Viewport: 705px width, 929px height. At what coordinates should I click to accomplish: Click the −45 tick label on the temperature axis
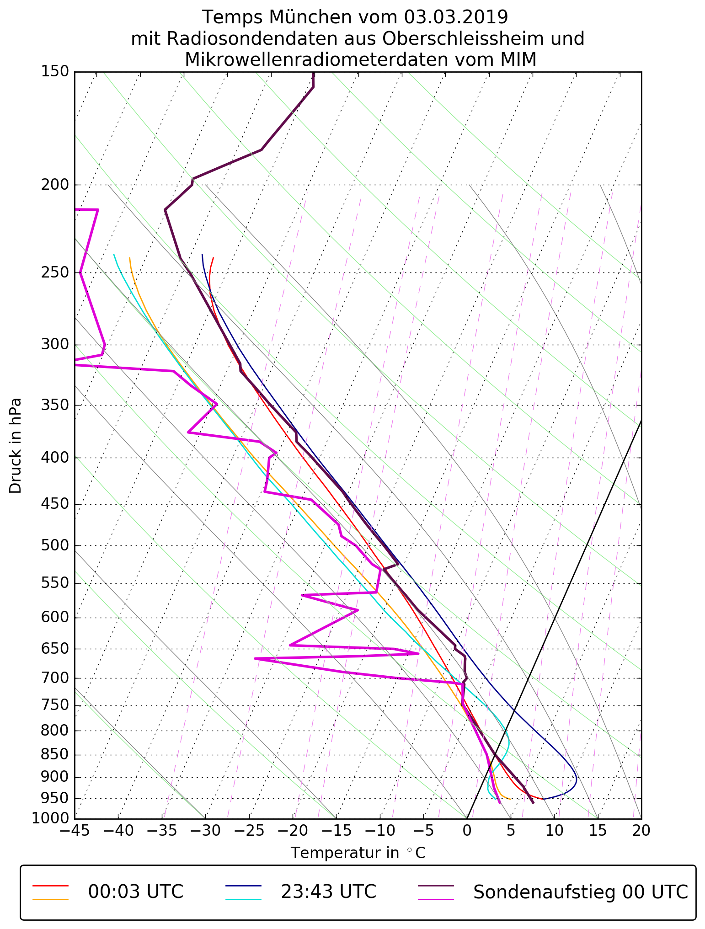[x=75, y=830]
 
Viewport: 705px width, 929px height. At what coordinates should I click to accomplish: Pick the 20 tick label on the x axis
[x=641, y=830]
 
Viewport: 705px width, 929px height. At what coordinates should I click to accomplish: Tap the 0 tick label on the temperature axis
[x=467, y=830]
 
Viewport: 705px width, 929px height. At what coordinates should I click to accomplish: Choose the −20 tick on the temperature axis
[x=293, y=830]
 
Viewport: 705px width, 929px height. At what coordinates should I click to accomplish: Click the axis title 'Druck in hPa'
[x=16, y=446]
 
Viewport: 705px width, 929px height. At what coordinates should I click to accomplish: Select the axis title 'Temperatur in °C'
[x=358, y=853]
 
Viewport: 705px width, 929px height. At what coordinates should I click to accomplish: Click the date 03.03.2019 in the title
[x=455, y=17]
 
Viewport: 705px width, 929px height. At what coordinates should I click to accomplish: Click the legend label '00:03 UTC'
[x=136, y=892]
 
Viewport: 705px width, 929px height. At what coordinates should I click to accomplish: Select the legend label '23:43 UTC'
[x=328, y=892]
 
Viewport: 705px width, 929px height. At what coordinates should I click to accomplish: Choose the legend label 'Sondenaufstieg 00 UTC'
[x=580, y=892]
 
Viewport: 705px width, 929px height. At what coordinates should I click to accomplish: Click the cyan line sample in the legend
[x=243, y=899]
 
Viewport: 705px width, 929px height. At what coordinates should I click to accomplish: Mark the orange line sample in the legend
[x=50, y=899]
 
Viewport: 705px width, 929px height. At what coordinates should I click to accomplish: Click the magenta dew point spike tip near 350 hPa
[x=217, y=404]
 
